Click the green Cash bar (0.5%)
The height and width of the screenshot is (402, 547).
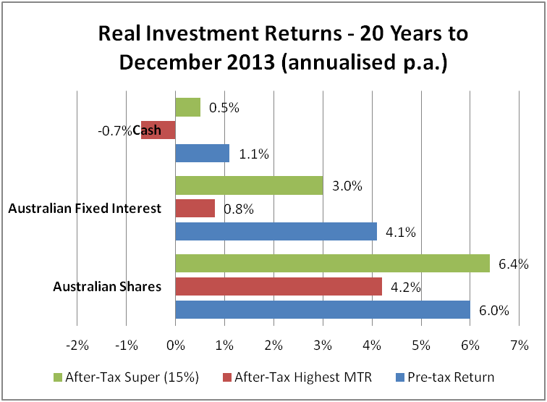pyautogui.click(x=188, y=107)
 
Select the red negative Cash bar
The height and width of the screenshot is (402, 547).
pyautogui.click(x=158, y=130)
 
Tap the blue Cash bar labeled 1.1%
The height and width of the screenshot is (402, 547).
pyautogui.click(x=203, y=153)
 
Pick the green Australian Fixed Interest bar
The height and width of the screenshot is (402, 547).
pyautogui.click(x=249, y=185)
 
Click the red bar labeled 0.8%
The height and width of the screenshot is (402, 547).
pyautogui.click(x=195, y=209)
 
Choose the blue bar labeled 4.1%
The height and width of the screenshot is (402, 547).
pyautogui.click(x=276, y=231)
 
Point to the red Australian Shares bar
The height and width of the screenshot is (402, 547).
pyautogui.click(x=279, y=287)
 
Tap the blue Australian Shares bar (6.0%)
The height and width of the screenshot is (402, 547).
pyautogui.click(x=323, y=310)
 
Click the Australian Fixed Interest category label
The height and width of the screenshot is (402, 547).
pyautogui.click(x=84, y=209)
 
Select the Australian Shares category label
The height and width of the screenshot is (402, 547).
pyautogui.click(x=107, y=287)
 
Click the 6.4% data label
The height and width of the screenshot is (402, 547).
pyautogui.click(x=514, y=264)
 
